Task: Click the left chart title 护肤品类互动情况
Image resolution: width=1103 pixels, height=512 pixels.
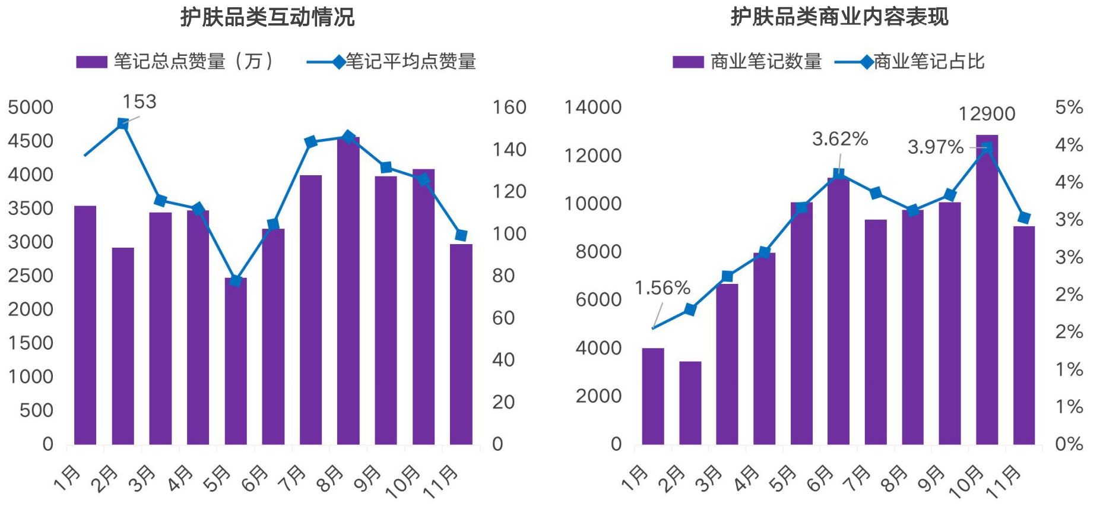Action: coord(267,17)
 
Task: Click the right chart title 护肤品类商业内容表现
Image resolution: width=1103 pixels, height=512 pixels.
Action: coord(839,17)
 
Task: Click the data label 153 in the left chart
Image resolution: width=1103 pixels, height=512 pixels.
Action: coord(140,102)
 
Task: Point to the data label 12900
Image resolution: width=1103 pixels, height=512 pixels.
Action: coord(987,114)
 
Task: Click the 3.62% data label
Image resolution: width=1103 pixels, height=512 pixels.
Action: coord(839,140)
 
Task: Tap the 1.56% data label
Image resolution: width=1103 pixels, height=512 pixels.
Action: coord(662,289)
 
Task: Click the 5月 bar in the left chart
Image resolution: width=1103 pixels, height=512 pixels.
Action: coord(236,362)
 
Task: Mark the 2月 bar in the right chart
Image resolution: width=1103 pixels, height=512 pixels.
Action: coord(690,404)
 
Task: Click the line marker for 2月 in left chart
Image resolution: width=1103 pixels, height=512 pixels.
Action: coord(123,124)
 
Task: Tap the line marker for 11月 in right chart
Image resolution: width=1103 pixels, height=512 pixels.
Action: coord(1023,217)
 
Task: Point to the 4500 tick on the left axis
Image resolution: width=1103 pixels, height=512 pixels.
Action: coord(30,141)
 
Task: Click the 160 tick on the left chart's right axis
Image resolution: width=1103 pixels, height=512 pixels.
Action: coord(509,108)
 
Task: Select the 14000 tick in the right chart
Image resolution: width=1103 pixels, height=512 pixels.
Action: coord(592,108)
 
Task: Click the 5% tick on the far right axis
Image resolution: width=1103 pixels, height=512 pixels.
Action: coord(1069,108)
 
